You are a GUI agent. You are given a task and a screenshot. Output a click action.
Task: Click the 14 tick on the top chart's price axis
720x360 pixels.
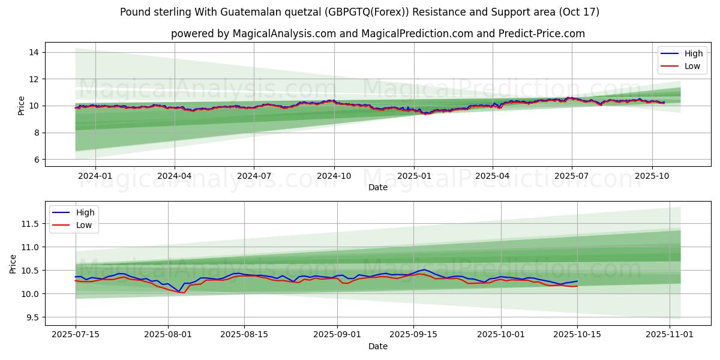(x=34, y=53)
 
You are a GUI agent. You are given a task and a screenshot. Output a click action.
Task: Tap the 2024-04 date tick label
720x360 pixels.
(x=175, y=176)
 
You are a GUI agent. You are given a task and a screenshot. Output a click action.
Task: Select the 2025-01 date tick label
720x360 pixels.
(x=413, y=176)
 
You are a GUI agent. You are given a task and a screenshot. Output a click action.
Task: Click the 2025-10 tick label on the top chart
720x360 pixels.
(x=652, y=176)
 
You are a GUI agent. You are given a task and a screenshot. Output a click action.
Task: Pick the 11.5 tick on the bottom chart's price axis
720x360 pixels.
(x=29, y=224)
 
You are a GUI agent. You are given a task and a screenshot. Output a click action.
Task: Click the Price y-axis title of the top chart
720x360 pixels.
(x=22, y=106)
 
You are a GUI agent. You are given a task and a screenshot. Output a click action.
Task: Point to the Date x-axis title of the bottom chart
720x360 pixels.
(x=378, y=346)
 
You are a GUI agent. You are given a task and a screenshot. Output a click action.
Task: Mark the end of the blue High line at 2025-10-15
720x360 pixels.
(x=577, y=281)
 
